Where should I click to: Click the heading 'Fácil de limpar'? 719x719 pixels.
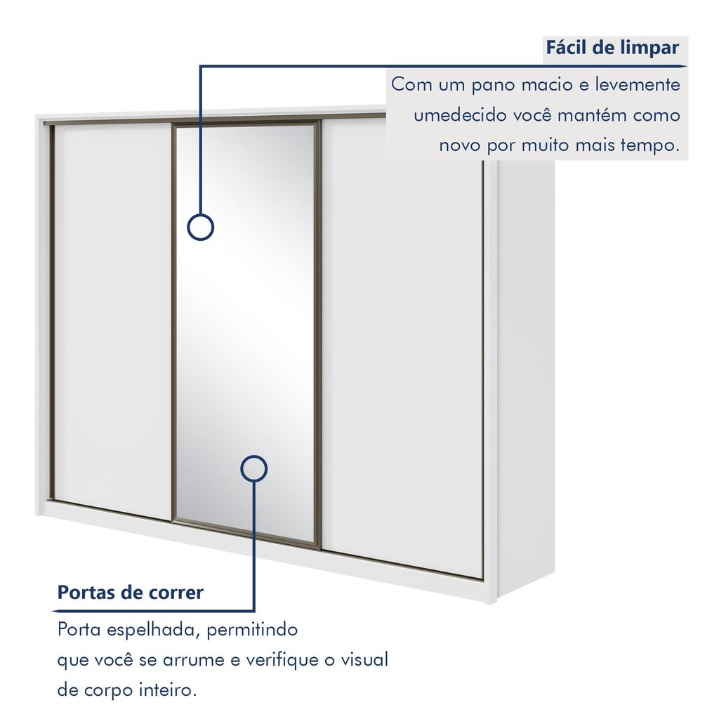click(612, 48)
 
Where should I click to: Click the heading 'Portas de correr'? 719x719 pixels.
click(130, 592)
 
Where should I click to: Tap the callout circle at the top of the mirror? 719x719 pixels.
click(200, 227)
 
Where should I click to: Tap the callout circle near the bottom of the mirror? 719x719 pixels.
click(253, 468)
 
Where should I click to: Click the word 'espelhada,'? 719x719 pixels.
click(154, 631)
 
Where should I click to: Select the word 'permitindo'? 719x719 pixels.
click(252, 631)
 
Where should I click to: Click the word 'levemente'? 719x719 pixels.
click(638, 85)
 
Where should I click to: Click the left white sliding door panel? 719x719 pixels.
click(112, 321)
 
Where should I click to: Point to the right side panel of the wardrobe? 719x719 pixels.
click(525, 376)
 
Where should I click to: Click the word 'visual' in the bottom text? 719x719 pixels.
click(364, 660)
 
